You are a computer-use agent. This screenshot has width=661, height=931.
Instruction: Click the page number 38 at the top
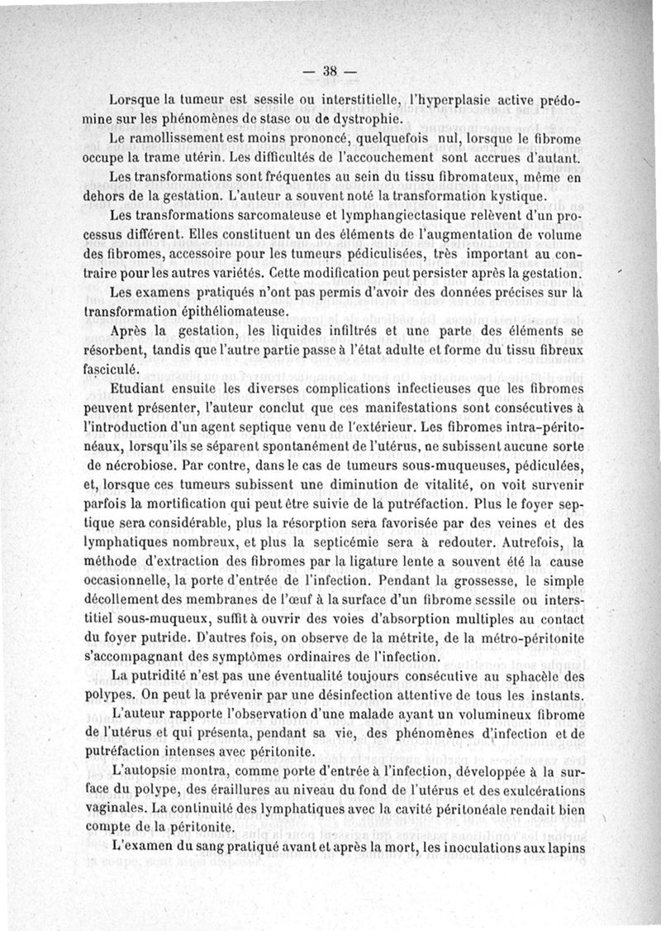click(329, 71)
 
